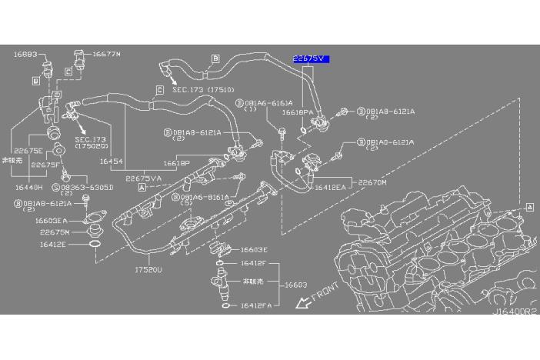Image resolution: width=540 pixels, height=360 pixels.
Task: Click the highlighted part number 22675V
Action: pos(310,58)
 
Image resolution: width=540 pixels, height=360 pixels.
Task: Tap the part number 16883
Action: pos(25,55)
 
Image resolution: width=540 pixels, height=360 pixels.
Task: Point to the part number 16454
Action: pos(111,162)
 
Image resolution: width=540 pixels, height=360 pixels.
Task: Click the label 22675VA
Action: pos(143,179)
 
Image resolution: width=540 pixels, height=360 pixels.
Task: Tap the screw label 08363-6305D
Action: pos(83,187)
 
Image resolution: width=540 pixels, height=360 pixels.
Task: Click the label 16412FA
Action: pos(255,306)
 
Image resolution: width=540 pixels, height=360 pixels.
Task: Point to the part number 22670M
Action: pos(373,182)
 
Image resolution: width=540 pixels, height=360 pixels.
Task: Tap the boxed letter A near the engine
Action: pos(530,207)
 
